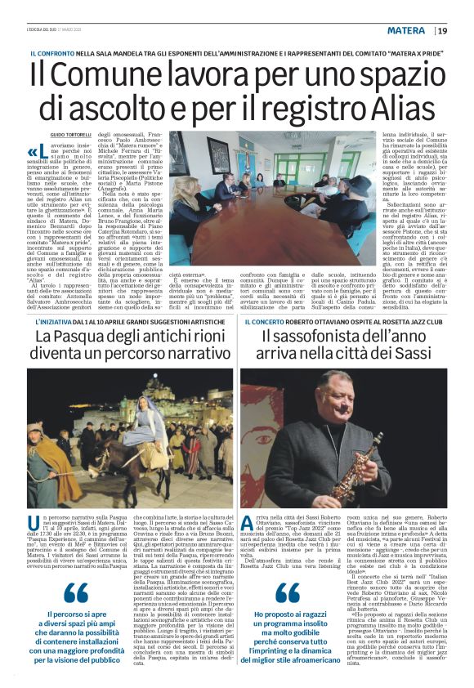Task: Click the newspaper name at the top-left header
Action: pyautogui.click(x=46, y=30)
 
